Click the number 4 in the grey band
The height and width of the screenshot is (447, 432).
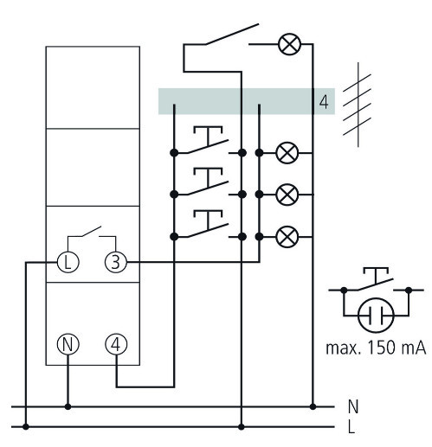(324, 102)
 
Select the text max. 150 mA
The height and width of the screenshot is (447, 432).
(376, 348)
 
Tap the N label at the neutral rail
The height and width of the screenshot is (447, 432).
(353, 406)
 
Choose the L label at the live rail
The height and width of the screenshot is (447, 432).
(351, 427)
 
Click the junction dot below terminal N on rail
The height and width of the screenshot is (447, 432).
(68, 406)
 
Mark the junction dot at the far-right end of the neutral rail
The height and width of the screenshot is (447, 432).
(313, 406)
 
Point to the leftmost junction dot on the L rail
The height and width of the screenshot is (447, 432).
(26, 427)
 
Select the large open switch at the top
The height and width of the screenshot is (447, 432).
(231, 35)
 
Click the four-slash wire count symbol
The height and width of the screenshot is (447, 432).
(358, 105)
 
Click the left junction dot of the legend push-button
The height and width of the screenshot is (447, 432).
(344, 290)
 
